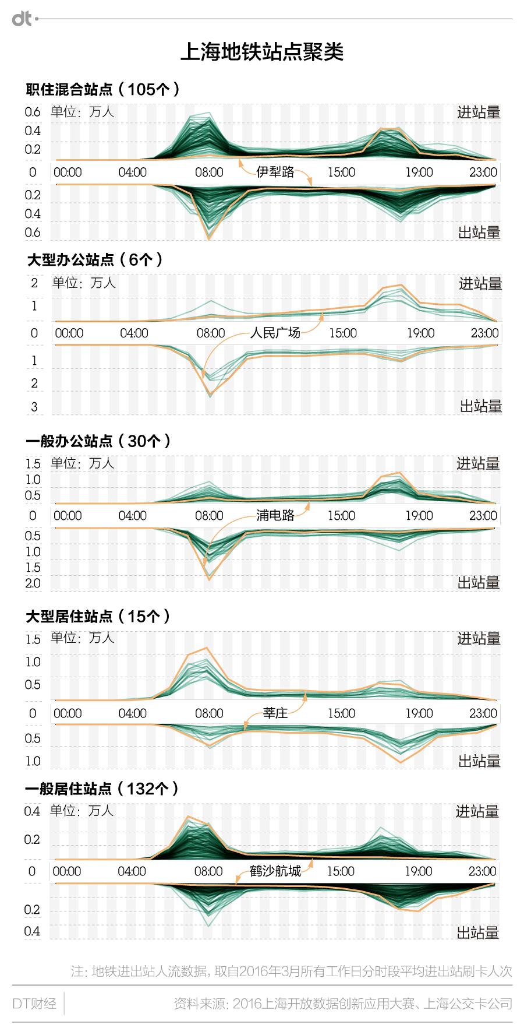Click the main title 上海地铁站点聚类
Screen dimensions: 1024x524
pyautogui.click(x=262, y=52)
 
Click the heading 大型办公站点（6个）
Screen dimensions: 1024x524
pyautogui.click(x=95, y=259)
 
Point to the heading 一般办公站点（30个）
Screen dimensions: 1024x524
pyautogui.click(x=98, y=441)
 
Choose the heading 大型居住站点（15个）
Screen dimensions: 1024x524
pyautogui.click(x=98, y=615)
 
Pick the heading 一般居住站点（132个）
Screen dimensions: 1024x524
pyautogui.click(x=102, y=789)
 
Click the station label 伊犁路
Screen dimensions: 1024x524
pyautogui.click(x=275, y=172)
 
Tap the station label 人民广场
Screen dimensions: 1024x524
pyautogui.click(x=275, y=333)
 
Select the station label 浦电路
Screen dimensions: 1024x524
pyautogui.click(x=275, y=515)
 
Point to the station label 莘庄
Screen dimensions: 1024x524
pyautogui.click(x=275, y=713)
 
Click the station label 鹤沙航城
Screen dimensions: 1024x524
pyautogui.click(x=275, y=871)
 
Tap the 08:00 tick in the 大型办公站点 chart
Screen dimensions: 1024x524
pyautogui.click(x=210, y=333)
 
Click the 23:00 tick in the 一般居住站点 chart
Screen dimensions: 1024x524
pyautogui.click(x=483, y=871)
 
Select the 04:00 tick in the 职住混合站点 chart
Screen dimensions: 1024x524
pyautogui.click(x=133, y=173)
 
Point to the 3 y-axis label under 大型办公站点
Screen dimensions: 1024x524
pyautogui.click(x=34, y=406)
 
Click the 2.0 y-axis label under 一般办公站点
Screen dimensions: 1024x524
pyautogui.click(x=33, y=583)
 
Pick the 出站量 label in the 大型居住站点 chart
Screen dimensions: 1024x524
pyautogui.click(x=479, y=761)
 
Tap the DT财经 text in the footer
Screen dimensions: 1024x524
pyautogui.click(x=34, y=1004)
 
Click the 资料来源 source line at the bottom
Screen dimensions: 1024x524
pyautogui.click(x=343, y=1004)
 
